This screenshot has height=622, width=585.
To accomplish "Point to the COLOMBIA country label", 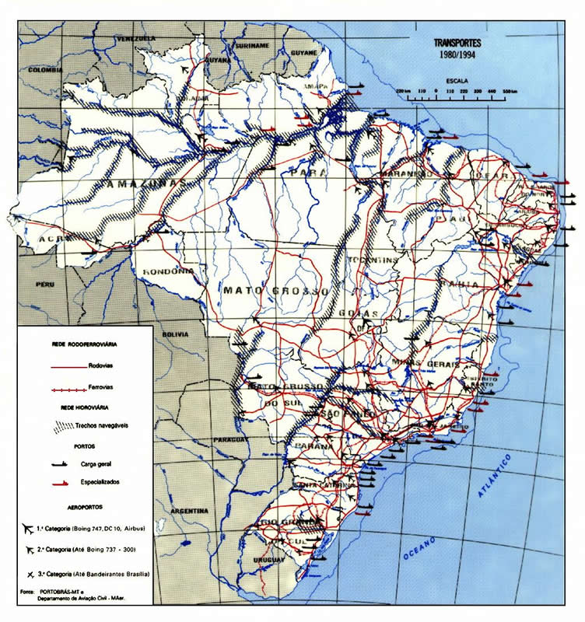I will [44, 69].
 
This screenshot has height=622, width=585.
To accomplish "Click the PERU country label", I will [41, 285].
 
